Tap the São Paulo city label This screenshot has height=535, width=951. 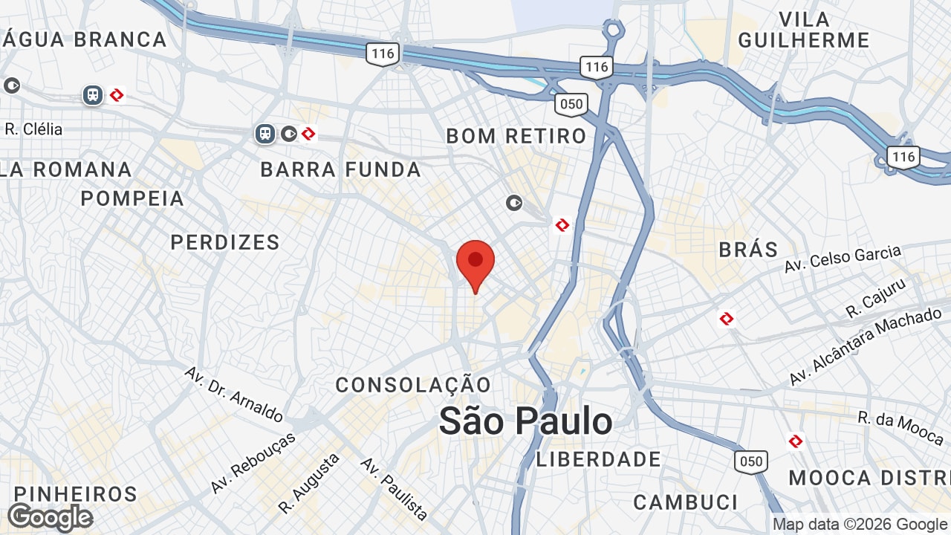(x=525, y=421)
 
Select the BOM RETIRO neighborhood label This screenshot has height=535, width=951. (x=516, y=136)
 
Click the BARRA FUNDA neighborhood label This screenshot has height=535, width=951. (x=341, y=170)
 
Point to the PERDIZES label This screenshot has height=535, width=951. (x=225, y=242)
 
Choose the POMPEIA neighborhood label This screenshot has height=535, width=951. (x=132, y=198)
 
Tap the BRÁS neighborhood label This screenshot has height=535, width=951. (x=748, y=250)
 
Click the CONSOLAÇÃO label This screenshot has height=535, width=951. (x=413, y=385)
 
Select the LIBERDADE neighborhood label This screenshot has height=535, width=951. (x=599, y=459)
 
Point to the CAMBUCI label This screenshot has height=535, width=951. (x=686, y=502)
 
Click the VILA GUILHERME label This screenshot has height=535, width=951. (x=804, y=30)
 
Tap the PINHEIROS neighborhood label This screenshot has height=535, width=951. (x=76, y=494)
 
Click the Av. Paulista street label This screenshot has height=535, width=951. (x=395, y=488)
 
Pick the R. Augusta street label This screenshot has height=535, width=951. (x=309, y=483)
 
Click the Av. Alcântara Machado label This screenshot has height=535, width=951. (x=865, y=347)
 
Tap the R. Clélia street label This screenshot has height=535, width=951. (x=33, y=129)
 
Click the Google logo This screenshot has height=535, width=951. (x=50, y=517)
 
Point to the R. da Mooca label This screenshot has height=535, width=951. (x=900, y=428)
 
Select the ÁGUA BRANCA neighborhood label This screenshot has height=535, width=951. (x=83, y=39)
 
